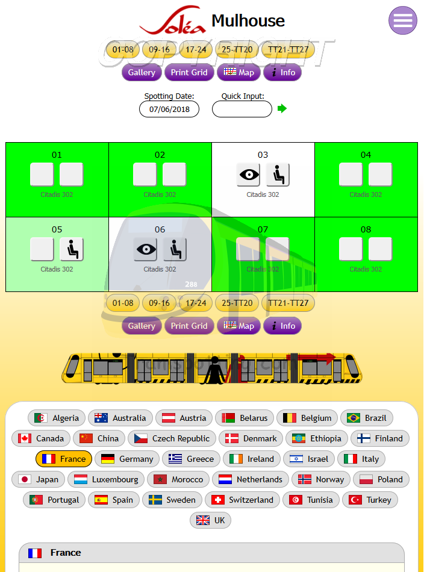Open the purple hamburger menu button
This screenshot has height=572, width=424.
[x=403, y=20]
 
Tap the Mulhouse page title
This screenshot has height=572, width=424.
[x=248, y=21]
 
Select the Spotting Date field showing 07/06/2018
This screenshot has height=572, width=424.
[x=169, y=109]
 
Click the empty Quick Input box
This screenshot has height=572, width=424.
[x=242, y=109]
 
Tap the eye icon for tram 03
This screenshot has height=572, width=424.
[x=248, y=175]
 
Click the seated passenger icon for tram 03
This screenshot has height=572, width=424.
[x=278, y=175]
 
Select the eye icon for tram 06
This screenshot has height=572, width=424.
[x=145, y=249]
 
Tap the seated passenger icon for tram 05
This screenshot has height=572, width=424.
[x=72, y=249]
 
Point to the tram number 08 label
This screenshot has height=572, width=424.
[x=366, y=229]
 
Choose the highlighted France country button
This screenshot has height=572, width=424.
[x=64, y=459]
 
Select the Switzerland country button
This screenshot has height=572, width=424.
[x=243, y=500]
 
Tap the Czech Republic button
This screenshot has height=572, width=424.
[x=172, y=438]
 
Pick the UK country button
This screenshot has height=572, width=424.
[x=211, y=520]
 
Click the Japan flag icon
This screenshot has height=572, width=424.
[x=25, y=479]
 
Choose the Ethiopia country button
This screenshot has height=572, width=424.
[x=316, y=438]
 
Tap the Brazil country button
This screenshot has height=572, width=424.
[x=367, y=418]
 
